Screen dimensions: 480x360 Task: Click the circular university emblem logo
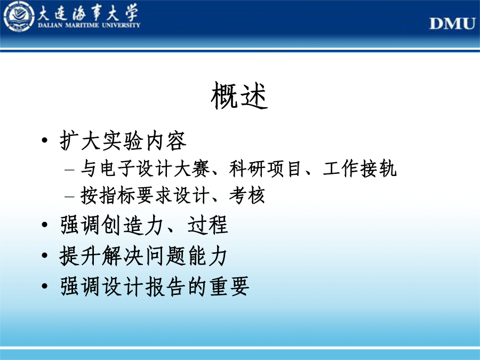(x=19, y=17)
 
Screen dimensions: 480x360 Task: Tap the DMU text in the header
(x=452, y=23)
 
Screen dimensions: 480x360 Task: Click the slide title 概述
(x=239, y=96)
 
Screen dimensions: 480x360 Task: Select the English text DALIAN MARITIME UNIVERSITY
(x=89, y=25)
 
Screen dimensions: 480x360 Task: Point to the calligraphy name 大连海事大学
(x=88, y=13)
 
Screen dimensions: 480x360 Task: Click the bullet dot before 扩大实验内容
(x=45, y=140)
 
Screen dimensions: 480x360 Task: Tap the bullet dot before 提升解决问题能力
(x=45, y=255)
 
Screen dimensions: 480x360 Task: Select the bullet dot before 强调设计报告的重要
(x=45, y=286)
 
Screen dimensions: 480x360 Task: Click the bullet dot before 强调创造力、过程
(x=45, y=225)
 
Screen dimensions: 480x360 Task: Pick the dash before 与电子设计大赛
(x=69, y=169)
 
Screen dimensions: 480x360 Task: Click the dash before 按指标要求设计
(x=69, y=196)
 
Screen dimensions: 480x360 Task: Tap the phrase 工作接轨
(x=360, y=169)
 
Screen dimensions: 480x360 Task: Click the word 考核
(x=247, y=195)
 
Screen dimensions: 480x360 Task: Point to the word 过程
(x=208, y=225)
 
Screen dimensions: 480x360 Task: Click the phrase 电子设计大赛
(x=155, y=169)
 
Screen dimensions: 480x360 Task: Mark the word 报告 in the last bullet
(x=165, y=286)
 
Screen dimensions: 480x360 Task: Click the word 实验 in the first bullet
(x=123, y=141)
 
